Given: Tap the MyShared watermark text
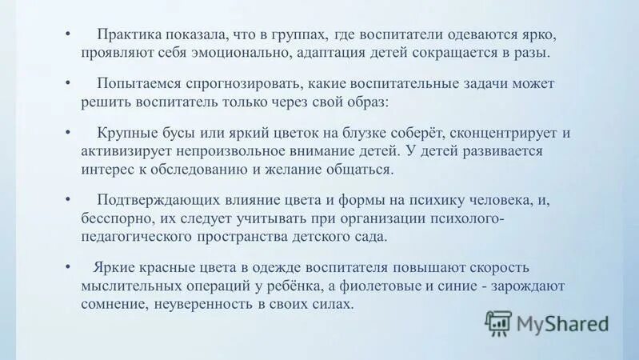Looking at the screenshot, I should [x=563, y=323].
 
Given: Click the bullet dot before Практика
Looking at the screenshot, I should [x=69, y=36].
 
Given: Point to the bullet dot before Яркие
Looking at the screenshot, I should [x=69, y=267].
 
